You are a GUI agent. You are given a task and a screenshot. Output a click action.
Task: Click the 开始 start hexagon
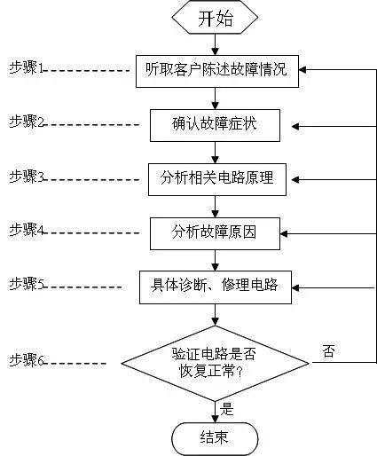click(x=215, y=17)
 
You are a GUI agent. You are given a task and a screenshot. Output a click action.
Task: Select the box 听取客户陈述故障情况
click(x=217, y=71)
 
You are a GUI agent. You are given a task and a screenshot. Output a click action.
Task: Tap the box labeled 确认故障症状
click(x=215, y=125)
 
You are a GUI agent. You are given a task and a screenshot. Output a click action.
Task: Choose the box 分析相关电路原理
click(x=217, y=179)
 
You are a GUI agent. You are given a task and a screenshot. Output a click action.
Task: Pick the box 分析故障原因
click(x=215, y=233)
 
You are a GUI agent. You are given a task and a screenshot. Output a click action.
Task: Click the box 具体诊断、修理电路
click(x=216, y=287)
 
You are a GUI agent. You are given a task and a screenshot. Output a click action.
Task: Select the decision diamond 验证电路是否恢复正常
click(x=216, y=363)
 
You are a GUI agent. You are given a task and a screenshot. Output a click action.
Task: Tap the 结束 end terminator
click(x=215, y=438)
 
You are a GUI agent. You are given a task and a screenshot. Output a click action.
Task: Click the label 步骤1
click(x=27, y=67)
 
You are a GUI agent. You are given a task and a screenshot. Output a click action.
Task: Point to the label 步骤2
click(x=27, y=122)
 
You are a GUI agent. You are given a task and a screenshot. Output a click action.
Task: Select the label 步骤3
click(x=27, y=176)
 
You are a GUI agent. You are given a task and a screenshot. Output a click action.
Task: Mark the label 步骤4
click(x=27, y=230)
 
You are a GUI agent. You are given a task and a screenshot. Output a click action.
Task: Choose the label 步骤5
click(x=27, y=284)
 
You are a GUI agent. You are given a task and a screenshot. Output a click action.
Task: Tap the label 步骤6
click(x=27, y=360)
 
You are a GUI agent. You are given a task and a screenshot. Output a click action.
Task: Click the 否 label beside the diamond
click(x=329, y=351)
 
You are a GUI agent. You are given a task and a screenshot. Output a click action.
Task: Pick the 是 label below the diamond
click(x=226, y=409)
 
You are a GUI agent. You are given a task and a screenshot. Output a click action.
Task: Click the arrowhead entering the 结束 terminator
click(x=215, y=419)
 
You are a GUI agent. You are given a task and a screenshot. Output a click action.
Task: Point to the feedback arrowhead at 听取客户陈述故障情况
click(x=302, y=70)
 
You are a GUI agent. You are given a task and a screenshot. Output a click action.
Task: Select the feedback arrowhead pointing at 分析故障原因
click(x=284, y=233)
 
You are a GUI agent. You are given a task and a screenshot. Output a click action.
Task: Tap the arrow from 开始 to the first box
click(x=215, y=44)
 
